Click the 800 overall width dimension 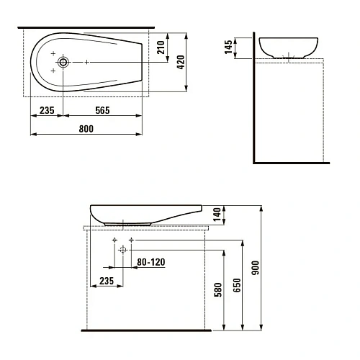86,129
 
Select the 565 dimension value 102,110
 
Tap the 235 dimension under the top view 47,110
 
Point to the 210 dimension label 161,48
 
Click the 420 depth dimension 181,62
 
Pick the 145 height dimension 228,47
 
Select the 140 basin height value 217,215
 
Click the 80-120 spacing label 151,262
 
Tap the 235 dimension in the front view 107,281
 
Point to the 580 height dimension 218,289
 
